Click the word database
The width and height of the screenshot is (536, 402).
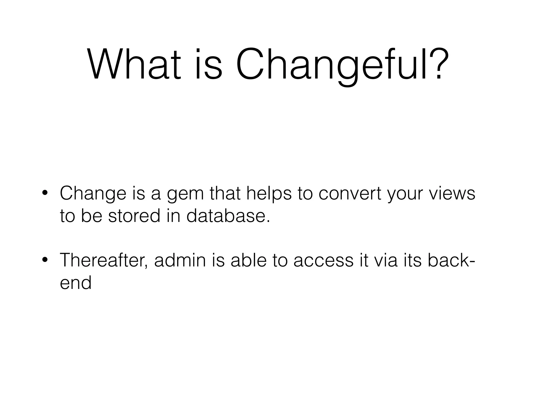pyautogui.click(x=228, y=216)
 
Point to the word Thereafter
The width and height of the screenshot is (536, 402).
pyautogui.click(x=104, y=261)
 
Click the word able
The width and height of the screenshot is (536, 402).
pyautogui.click(x=249, y=260)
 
